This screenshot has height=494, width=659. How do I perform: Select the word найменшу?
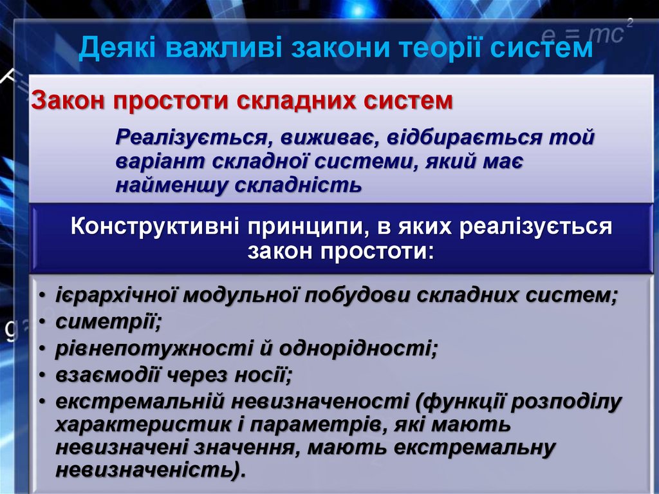coord(171,185)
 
